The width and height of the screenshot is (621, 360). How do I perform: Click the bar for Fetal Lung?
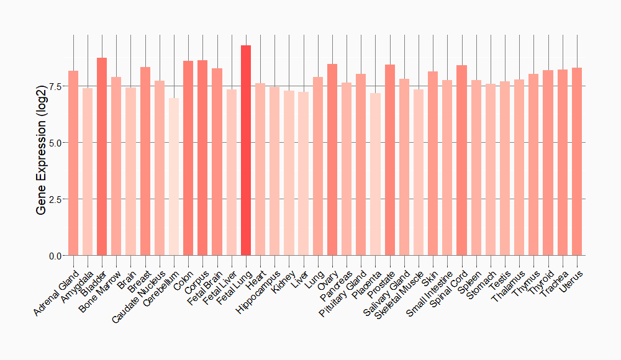tap(246, 150)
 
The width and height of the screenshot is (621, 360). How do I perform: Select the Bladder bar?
tap(102, 156)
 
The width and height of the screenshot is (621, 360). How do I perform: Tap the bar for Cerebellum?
tap(174, 177)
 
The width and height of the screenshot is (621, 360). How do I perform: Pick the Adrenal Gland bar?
tap(73, 163)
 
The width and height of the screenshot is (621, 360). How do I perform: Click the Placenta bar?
tap(375, 174)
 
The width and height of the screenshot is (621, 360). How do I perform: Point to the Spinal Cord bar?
tap(461, 160)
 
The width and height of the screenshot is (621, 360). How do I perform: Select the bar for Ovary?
tap(332, 160)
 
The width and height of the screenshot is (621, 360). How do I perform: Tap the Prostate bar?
tap(390, 160)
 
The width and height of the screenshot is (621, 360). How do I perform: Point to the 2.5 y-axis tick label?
tap(55, 199)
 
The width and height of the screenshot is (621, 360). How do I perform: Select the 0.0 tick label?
tap(55, 256)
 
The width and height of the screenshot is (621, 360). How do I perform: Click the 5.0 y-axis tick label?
tap(55, 143)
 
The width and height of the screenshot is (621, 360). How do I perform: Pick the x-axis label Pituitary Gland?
tap(343, 293)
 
